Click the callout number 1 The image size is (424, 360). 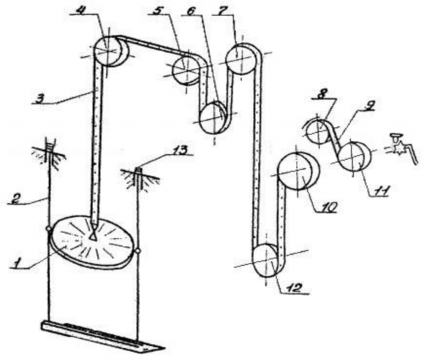tap(18, 261)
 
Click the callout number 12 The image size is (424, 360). tap(294, 288)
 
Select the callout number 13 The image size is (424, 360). tap(180, 150)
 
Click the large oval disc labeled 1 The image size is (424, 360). tap(91, 242)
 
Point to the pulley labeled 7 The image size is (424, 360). tap(241, 59)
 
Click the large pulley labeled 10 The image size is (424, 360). tap(298, 171)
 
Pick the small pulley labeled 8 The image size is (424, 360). tap(318, 132)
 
